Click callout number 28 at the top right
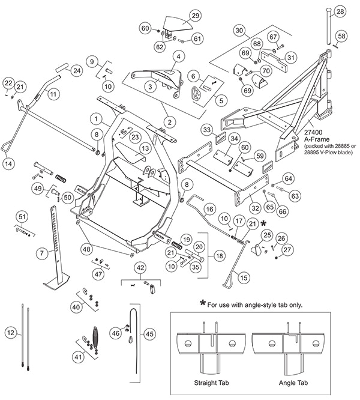click(340, 12)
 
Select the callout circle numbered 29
click(179, 15)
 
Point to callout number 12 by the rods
click(8, 332)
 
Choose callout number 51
click(22, 216)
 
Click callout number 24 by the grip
click(76, 71)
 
